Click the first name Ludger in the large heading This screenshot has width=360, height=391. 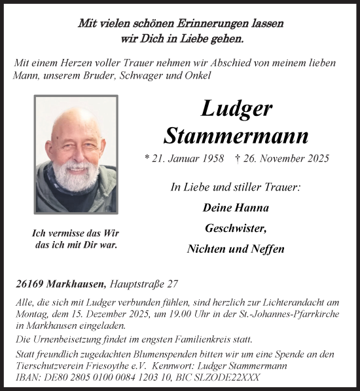pos(236,109)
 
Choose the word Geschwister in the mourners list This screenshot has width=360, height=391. pos(236,229)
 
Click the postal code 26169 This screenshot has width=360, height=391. pos(28,284)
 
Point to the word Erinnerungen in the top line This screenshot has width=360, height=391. pos(215,23)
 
